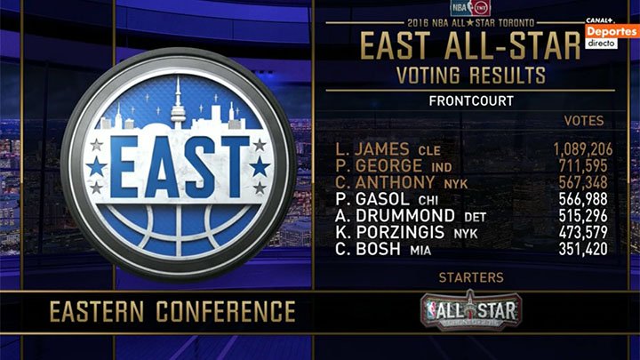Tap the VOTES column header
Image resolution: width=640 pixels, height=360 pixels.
pos(584,121)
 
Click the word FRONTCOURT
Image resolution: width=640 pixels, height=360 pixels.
pos(471,100)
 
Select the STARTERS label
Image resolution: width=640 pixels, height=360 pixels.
pos(471,278)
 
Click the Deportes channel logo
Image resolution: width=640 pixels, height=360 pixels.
pos(612,31)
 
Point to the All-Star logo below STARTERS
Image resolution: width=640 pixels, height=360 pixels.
pos(471,310)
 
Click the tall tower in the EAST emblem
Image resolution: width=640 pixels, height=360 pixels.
pos(178,100)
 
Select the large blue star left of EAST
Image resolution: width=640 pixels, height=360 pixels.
pos(96,166)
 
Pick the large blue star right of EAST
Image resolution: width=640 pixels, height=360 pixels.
pos(260,166)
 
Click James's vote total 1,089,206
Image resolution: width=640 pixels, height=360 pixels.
pos(580,149)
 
